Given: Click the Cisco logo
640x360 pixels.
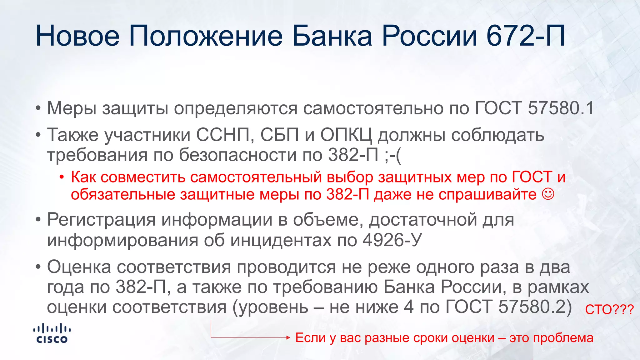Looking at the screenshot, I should click(52, 333).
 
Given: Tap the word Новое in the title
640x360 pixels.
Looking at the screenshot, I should click(77, 36).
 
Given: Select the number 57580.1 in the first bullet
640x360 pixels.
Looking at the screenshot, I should click(561, 108).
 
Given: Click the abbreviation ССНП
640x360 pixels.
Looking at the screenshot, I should click(223, 135).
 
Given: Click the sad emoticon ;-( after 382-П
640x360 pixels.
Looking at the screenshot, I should click(393, 155).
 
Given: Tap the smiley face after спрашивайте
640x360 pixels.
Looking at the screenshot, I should click(548, 194).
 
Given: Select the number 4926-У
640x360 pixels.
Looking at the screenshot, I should click(392, 240).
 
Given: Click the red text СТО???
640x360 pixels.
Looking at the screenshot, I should click(609, 310).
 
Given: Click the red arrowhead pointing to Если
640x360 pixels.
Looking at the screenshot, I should click(288, 337).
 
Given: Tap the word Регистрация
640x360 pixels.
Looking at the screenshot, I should click(101, 220).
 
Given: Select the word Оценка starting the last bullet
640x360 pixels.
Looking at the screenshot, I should click(79, 267).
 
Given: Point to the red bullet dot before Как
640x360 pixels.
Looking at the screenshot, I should click(62, 177).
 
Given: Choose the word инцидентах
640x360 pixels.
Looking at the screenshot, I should click(281, 240).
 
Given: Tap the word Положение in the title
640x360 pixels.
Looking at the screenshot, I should click(206, 36).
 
